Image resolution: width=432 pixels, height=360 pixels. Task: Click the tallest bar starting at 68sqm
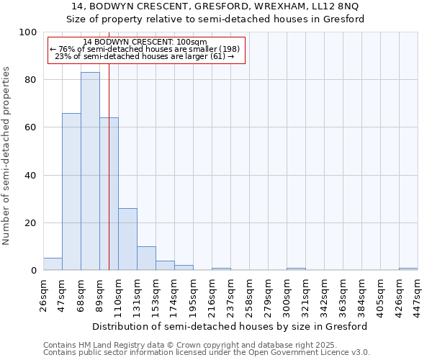tap(90, 171)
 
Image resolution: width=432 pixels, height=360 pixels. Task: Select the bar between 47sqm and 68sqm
tap(71, 192)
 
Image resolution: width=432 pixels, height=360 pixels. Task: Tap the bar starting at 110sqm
tap(127, 239)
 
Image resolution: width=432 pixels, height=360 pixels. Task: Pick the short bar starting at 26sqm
tap(53, 264)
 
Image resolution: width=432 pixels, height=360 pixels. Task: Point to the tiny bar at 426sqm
tap(408, 269)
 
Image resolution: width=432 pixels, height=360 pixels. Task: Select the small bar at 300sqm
tap(296, 269)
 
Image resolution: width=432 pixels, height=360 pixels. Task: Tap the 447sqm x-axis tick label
tap(418, 294)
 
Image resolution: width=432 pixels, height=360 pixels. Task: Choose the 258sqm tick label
tap(250, 294)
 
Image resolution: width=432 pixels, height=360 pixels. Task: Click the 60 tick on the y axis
tap(31, 127)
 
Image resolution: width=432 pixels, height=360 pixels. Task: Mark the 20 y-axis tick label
tap(31, 223)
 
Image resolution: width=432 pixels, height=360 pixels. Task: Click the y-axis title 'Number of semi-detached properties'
tap(7, 156)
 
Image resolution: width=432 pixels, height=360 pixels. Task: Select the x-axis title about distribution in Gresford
tap(230, 326)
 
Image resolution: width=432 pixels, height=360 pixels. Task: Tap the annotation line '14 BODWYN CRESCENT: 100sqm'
tap(145, 42)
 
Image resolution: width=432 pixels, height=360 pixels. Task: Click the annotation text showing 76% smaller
tap(144, 49)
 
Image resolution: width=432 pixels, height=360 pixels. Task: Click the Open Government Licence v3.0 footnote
tap(207, 353)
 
